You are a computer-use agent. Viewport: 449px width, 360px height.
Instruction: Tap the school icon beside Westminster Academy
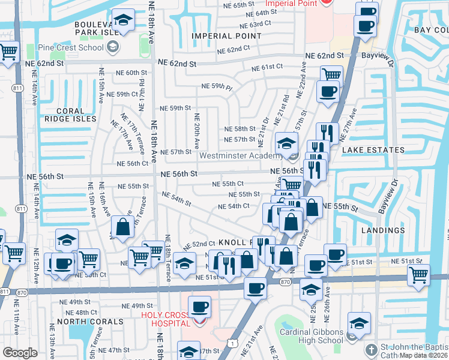click(x=287, y=145)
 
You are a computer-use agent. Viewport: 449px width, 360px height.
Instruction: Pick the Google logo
click(x=20, y=353)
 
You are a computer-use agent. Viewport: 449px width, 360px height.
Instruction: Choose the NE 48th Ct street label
click(x=81, y=313)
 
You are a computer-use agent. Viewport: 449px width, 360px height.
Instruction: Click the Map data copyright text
click(x=424, y=355)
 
